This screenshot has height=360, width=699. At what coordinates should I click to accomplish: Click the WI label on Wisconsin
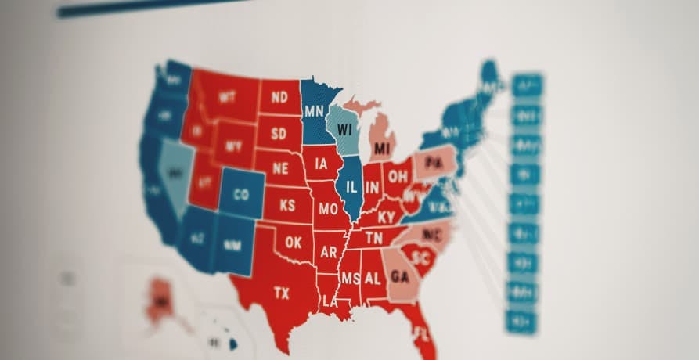point(344,129)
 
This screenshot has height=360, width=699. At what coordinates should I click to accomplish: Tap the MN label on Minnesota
point(315,111)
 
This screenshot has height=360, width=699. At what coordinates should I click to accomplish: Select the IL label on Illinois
point(351,187)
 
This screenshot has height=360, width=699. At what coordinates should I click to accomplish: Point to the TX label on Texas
point(282,293)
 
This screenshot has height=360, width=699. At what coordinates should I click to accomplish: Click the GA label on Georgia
point(400,276)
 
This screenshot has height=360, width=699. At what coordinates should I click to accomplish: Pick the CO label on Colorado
point(241,194)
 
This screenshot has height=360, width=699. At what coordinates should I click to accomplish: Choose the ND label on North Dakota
point(279,98)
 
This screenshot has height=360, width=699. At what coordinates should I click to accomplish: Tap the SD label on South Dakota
point(279,133)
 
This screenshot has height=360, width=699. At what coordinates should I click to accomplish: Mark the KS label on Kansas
point(287,206)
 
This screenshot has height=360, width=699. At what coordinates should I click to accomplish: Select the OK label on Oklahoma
point(293,243)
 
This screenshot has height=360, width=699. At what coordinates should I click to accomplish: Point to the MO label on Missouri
point(328,210)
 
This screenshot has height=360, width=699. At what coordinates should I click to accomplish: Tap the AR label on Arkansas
point(329,252)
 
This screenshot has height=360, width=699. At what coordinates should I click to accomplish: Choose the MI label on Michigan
point(382,148)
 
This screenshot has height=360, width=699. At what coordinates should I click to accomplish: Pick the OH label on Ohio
point(398,177)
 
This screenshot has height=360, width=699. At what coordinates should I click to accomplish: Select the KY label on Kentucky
point(386,217)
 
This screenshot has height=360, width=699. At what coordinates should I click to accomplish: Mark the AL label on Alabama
point(372,278)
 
